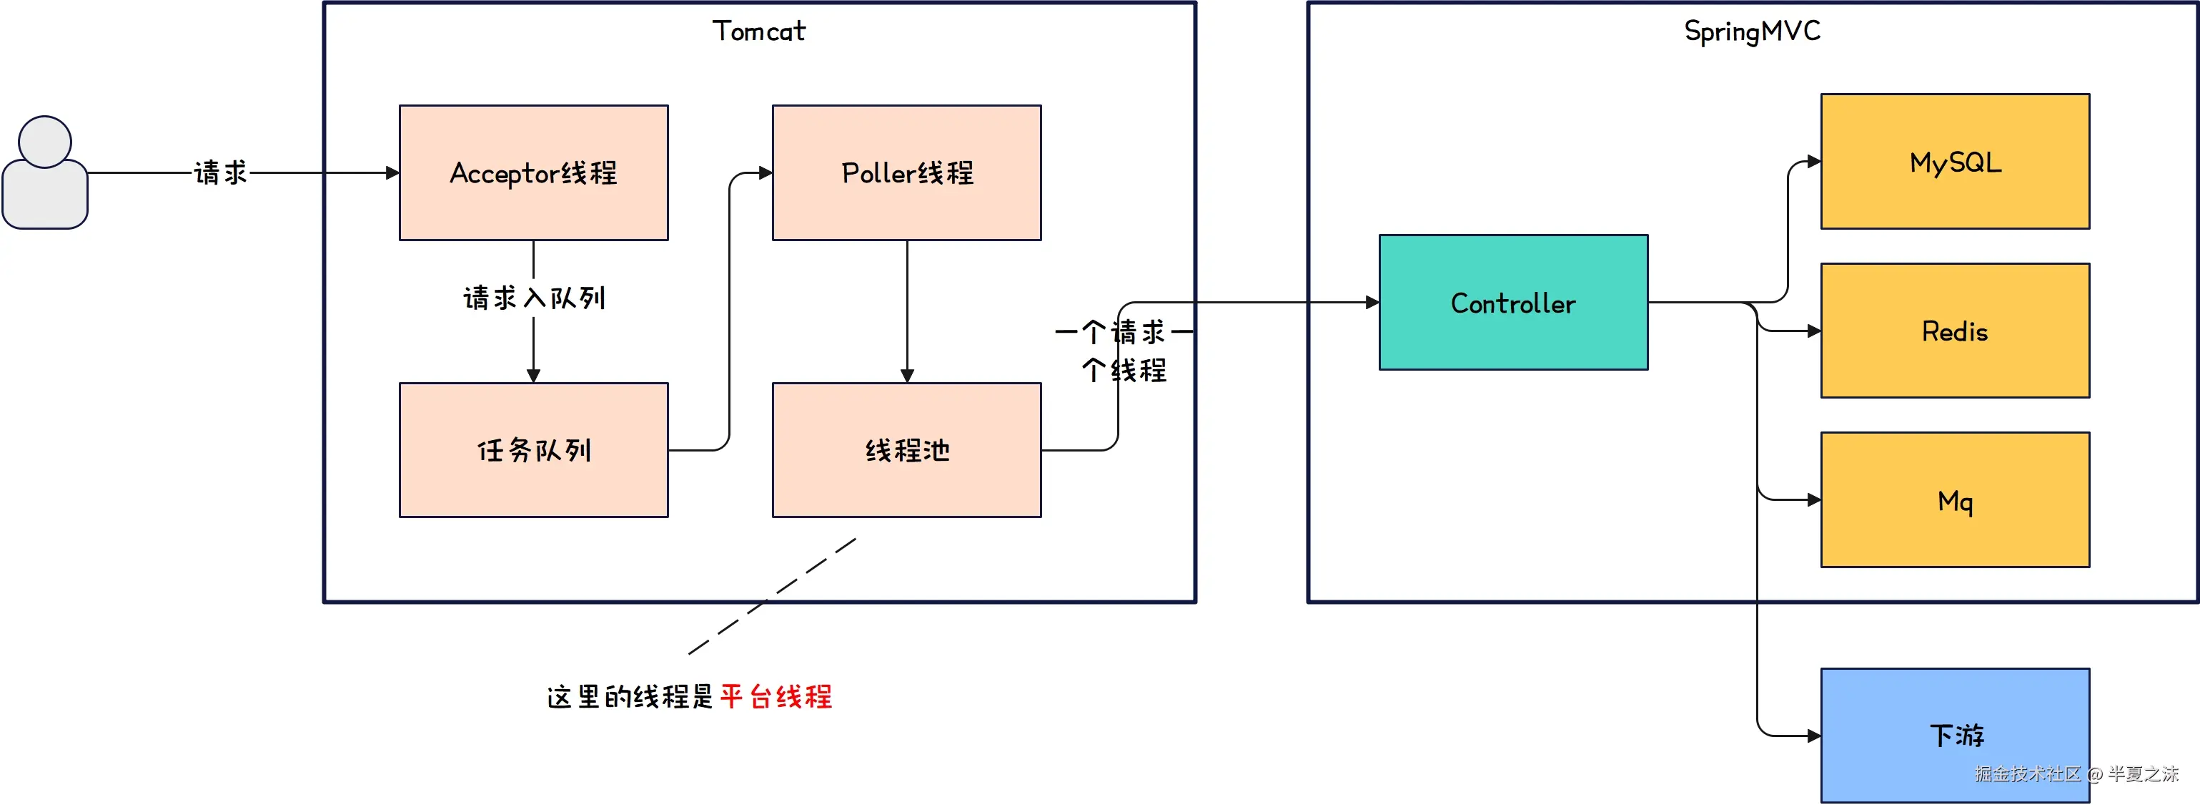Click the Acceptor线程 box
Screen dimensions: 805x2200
click(x=534, y=172)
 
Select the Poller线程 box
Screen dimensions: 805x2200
click(x=906, y=172)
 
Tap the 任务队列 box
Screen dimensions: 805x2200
click(x=534, y=450)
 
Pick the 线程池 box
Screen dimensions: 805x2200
click(x=906, y=450)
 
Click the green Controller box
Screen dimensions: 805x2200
click(x=1513, y=303)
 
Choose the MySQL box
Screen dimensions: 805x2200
click(x=1955, y=162)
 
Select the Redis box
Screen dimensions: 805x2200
click(x=1955, y=331)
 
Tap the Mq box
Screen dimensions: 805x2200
click(x=1955, y=500)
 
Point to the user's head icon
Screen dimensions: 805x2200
click(x=44, y=142)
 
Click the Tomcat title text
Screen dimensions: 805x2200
click(x=758, y=31)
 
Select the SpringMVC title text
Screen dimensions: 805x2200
click(x=1752, y=31)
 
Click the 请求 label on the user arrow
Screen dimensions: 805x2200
click(x=220, y=172)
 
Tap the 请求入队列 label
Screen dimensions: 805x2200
click(x=534, y=298)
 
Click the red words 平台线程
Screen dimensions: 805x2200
click(x=776, y=696)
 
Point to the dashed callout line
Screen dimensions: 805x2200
click(x=771, y=597)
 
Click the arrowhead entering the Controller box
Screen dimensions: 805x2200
click(x=1372, y=303)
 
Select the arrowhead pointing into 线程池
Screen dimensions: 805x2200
click(x=907, y=376)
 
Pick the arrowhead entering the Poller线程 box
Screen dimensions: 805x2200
click(x=766, y=172)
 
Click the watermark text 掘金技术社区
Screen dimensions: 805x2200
click(x=2028, y=774)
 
